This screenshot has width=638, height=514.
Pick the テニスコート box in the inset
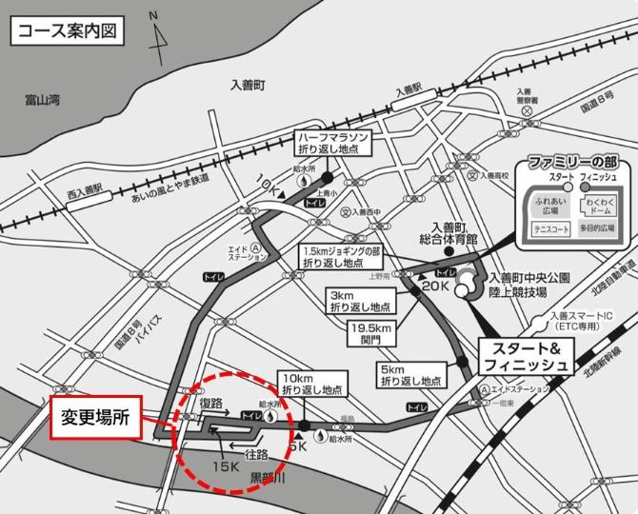(x=551, y=229)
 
